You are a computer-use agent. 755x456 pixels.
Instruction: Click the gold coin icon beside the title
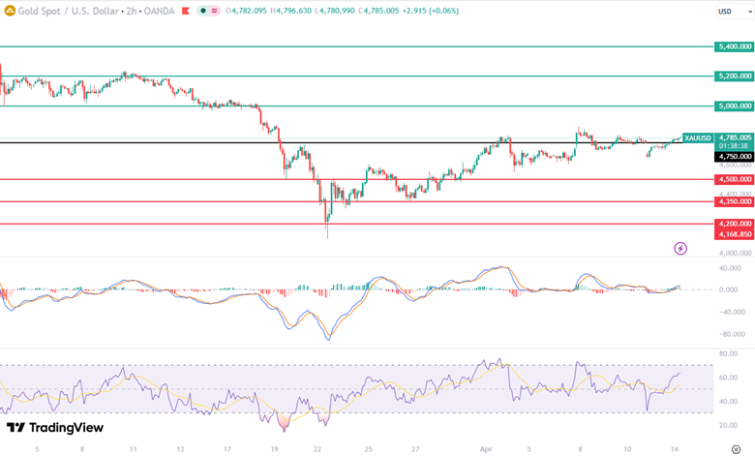11,11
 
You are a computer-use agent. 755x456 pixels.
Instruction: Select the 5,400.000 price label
734,46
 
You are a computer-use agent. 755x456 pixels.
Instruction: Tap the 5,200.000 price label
734,76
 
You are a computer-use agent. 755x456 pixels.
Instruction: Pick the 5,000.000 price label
734,106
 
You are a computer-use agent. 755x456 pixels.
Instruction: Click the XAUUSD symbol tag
697,138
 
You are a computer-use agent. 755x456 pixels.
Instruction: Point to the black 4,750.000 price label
734,156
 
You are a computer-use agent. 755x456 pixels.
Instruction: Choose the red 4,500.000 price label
734,179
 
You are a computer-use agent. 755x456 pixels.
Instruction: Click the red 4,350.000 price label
734,201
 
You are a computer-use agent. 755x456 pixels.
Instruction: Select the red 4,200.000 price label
734,224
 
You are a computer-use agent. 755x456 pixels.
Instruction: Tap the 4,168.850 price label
734,234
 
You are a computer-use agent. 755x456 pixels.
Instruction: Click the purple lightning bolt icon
680,249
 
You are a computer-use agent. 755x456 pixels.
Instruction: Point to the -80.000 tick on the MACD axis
733,334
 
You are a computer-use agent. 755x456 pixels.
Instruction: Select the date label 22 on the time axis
317,449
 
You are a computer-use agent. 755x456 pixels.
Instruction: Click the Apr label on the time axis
486,449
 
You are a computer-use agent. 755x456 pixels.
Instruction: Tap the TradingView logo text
68,428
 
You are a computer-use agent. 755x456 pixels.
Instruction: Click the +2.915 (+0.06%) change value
425,11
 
